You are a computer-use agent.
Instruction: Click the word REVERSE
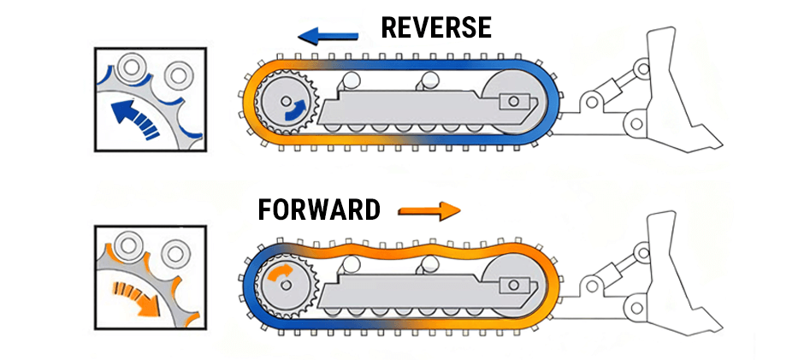point(436,27)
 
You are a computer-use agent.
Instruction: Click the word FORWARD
point(319,210)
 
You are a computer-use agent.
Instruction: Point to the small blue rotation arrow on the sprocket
point(294,108)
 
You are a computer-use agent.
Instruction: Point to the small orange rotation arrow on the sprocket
point(278,274)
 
